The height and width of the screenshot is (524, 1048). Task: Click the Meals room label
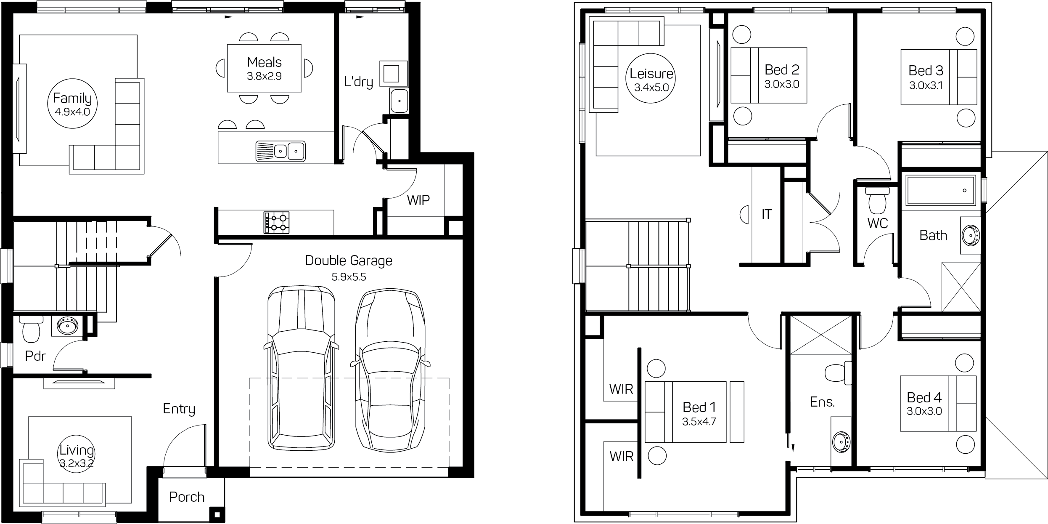click(264, 62)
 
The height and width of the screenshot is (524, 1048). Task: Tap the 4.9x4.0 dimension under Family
click(72, 112)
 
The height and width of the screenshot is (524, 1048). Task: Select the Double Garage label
click(349, 261)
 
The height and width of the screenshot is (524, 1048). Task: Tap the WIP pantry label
click(418, 200)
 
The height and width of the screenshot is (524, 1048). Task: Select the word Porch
click(187, 497)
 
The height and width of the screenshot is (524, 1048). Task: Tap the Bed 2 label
click(782, 69)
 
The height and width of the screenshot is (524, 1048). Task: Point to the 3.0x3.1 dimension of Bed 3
click(926, 85)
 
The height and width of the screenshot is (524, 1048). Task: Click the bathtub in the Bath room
click(940, 190)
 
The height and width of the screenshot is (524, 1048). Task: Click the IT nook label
click(766, 215)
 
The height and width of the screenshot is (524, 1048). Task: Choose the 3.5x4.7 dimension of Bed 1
click(699, 422)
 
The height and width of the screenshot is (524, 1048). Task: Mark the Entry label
click(179, 409)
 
